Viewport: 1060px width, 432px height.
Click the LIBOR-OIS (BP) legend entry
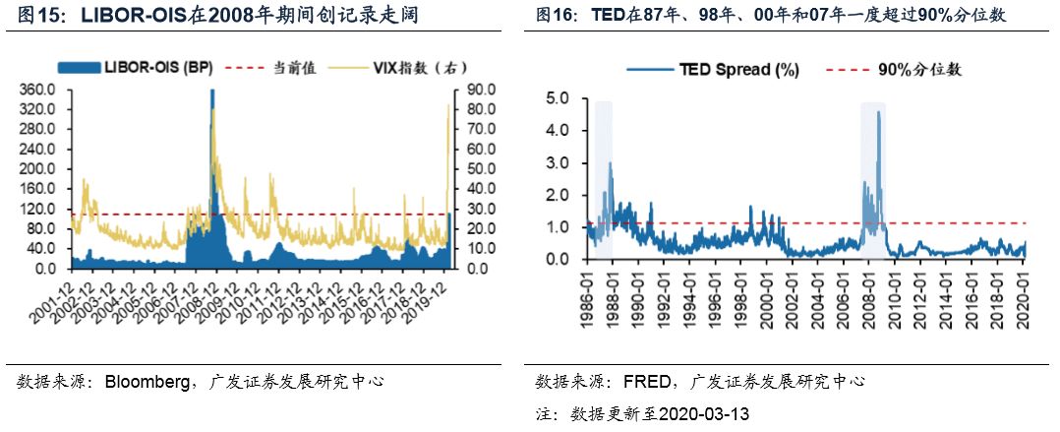click(136, 67)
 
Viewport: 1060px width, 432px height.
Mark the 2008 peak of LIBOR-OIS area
click(212, 90)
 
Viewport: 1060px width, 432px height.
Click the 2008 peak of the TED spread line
click(878, 112)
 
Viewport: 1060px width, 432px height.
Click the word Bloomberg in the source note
click(147, 381)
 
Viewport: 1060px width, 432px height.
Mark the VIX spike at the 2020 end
click(448, 104)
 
